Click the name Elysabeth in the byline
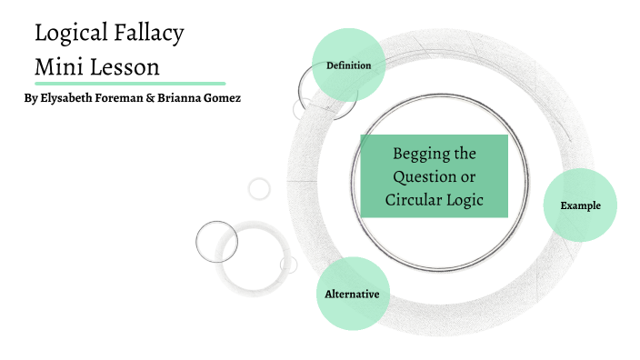pos(74,97)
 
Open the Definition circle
pos(349,65)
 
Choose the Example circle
pos(580,205)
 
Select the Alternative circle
pos(352,294)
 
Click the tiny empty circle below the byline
pos(260,188)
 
